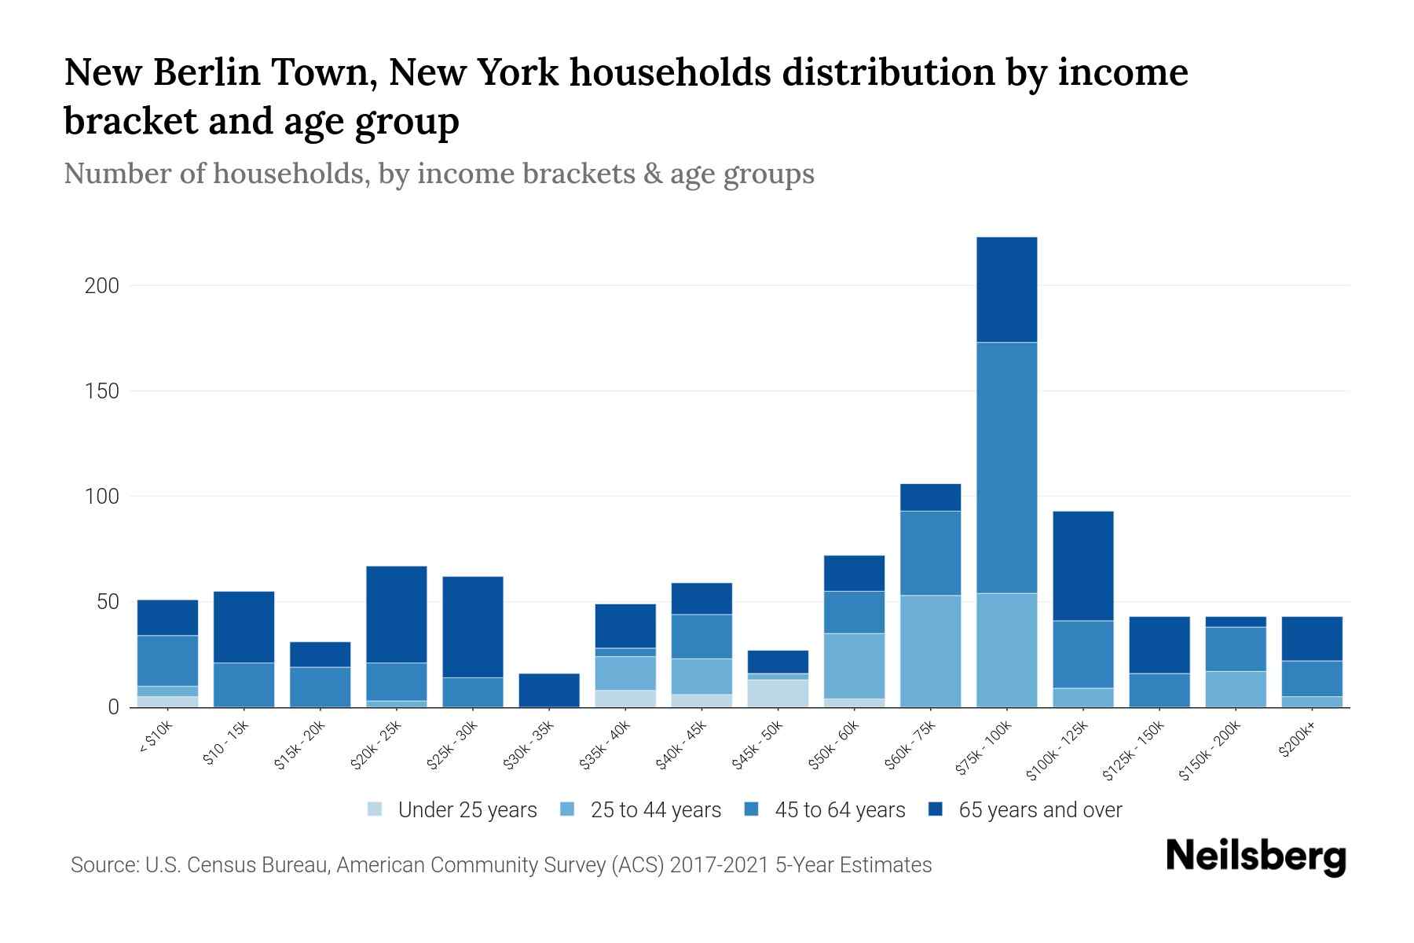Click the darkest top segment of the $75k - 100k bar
pos(1006,289)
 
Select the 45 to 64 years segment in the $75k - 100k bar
pos(1006,468)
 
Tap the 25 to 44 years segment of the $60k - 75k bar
pos(930,651)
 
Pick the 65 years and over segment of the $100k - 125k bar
pos(1082,566)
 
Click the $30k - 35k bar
pos(549,690)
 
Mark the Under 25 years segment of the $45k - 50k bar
pos(778,693)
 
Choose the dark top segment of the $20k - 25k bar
pos(397,615)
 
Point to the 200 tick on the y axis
pos(102,286)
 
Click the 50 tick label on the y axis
pos(108,603)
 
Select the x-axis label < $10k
pos(156,739)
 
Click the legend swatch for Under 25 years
pos(375,809)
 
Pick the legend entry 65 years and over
pos(1039,810)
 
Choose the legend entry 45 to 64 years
pos(840,810)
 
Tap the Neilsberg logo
pos(1255,856)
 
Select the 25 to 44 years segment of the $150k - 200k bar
pos(1235,689)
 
